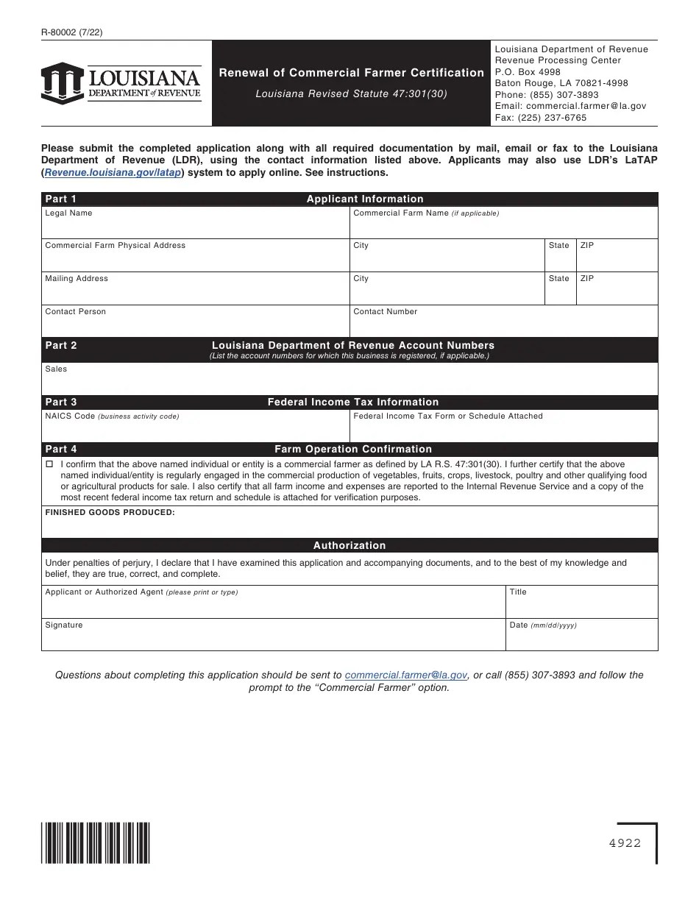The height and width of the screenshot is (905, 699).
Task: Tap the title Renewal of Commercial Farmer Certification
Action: pos(351,73)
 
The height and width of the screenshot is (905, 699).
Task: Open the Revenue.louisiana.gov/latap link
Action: pos(113,172)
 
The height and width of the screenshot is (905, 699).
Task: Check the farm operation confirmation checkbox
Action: pos(49,465)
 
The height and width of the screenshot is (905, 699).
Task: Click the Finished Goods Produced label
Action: pos(110,512)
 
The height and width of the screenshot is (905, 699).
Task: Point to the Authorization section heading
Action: pos(349,545)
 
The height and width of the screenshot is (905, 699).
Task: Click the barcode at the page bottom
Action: pos(96,842)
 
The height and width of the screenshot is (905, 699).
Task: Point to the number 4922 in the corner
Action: pos(625,843)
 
